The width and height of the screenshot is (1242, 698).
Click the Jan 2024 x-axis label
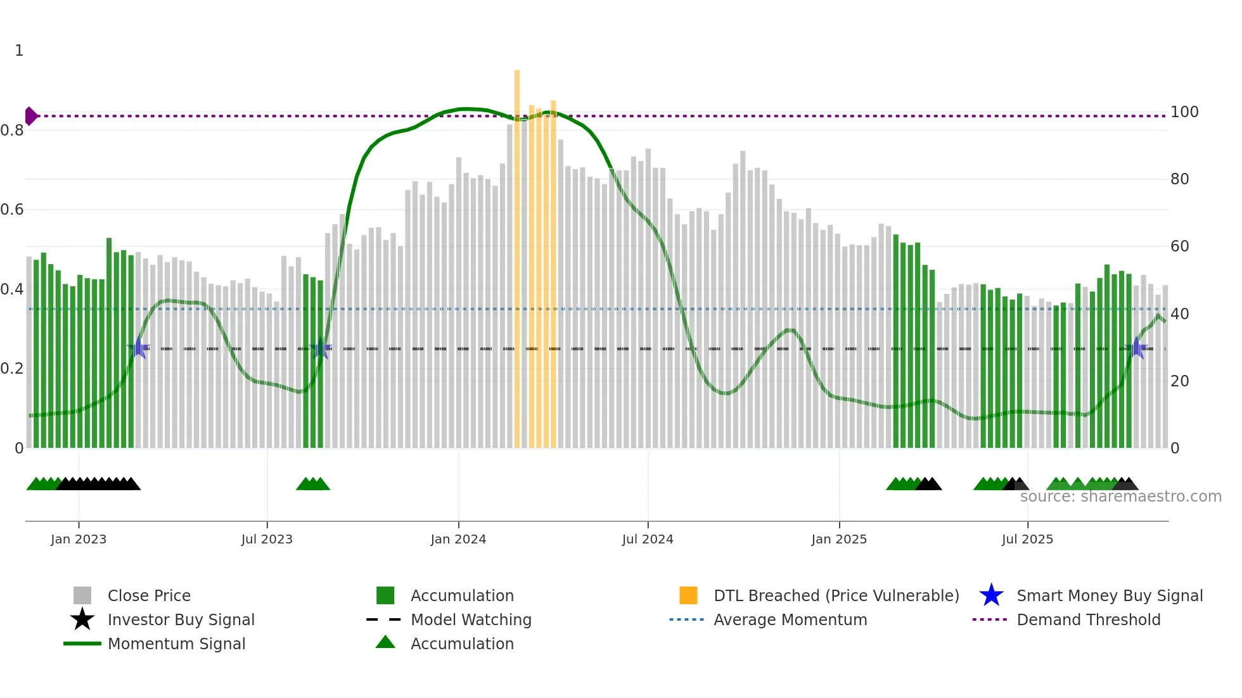[x=458, y=539]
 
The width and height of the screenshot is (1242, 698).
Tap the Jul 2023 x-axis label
[x=267, y=539]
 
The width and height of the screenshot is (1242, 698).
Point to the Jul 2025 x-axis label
[x=1027, y=539]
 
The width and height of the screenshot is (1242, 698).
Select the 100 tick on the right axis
[x=1184, y=112]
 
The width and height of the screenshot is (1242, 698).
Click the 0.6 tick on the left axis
[x=12, y=210]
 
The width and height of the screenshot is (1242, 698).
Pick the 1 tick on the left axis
[x=19, y=51]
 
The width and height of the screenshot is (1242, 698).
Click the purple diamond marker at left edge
[x=30, y=116]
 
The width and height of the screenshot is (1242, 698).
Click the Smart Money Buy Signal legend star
[x=991, y=595]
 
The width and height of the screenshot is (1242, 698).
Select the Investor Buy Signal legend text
[x=181, y=619]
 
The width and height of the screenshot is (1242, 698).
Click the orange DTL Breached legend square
[x=688, y=595]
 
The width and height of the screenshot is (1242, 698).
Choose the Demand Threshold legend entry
[x=1088, y=619]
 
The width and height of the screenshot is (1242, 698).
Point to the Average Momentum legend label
[x=790, y=619]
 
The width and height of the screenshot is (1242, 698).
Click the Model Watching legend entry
[x=470, y=619]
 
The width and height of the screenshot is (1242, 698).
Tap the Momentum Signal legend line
[x=82, y=644]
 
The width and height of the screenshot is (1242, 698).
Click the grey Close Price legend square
[x=82, y=595]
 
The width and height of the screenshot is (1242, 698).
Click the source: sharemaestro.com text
[x=1120, y=497]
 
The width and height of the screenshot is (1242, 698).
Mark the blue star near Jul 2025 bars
[x=1137, y=348]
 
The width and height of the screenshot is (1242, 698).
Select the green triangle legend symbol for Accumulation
[x=385, y=642]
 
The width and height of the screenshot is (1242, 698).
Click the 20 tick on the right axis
[x=1179, y=381]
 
